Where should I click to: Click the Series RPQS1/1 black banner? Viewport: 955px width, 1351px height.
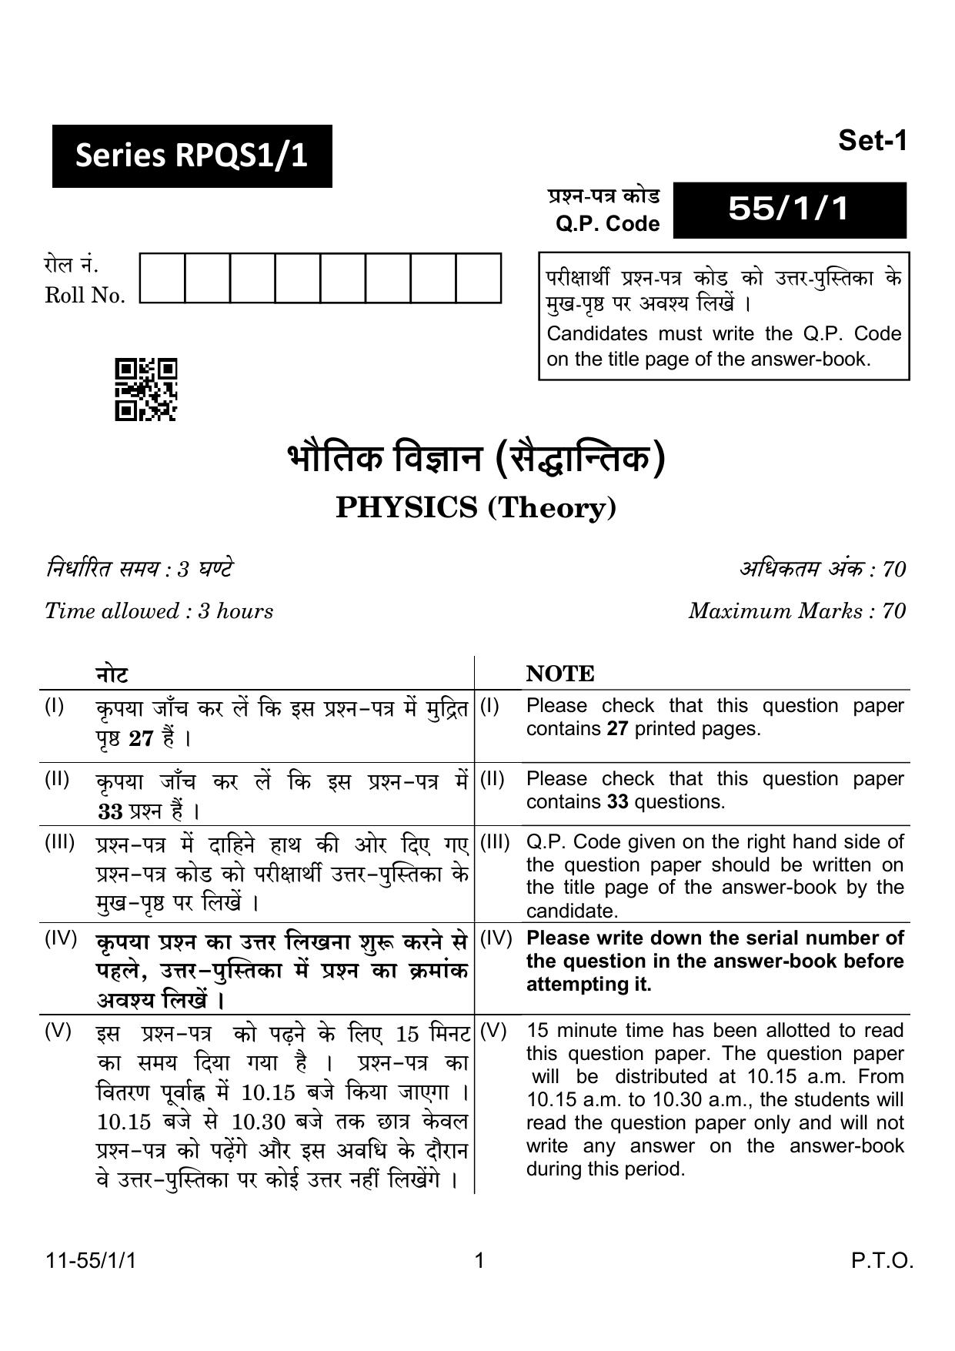pos(192,156)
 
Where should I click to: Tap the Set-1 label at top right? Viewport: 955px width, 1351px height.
pos(873,141)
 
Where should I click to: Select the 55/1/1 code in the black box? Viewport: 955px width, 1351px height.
pos(789,209)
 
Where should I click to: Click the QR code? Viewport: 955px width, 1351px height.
pos(146,390)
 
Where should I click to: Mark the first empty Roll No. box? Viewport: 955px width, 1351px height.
pos(162,278)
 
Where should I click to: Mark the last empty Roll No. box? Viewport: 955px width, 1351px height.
pos(478,278)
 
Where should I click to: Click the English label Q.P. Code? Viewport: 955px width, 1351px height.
pos(607,224)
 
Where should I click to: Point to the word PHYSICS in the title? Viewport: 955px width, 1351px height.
pos(406,508)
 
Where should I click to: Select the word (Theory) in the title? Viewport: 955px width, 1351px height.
pos(552,508)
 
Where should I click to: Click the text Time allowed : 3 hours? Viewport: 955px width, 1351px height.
pos(159,611)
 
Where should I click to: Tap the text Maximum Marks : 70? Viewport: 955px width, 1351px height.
pos(796,611)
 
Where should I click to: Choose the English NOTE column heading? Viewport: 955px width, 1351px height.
pos(560,674)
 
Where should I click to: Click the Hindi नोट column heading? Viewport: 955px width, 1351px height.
pos(112,674)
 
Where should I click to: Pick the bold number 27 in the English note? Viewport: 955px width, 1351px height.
pos(617,729)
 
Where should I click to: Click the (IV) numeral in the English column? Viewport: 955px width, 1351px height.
pos(496,938)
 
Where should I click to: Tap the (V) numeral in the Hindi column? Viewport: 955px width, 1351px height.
pos(58,1031)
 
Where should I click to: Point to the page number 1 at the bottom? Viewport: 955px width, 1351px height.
pos(479,1261)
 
